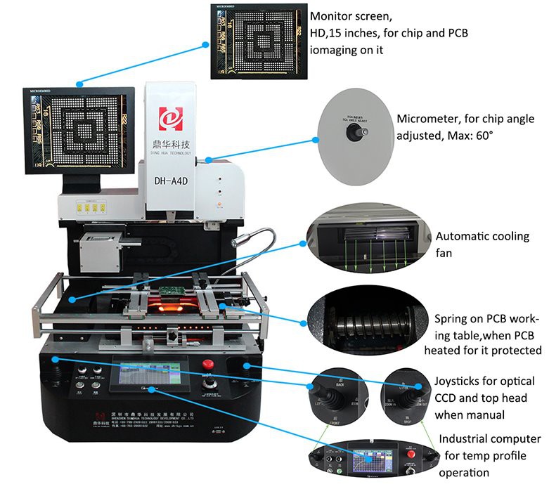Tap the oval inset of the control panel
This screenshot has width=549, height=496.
370,461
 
